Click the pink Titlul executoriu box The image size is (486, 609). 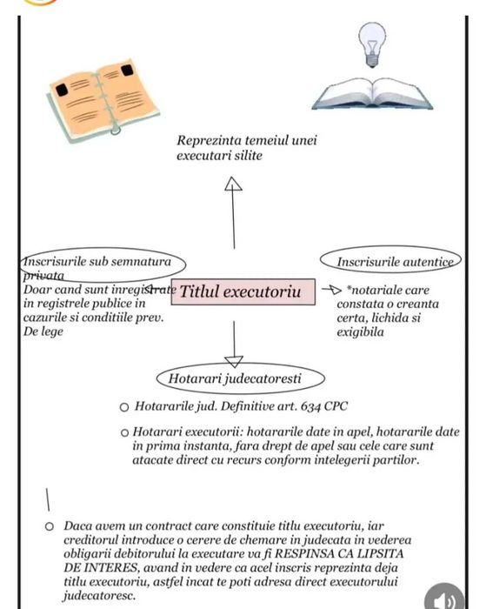[x=243, y=291]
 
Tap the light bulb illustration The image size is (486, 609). [x=372, y=44]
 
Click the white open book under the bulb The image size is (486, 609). [x=372, y=94]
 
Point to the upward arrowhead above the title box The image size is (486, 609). [x=233, y=184]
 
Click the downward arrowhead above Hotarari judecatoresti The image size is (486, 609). [x=234, y=362]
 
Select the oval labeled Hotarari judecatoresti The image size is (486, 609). [x=241, y=378]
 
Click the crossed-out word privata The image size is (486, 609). [x=43, y=276]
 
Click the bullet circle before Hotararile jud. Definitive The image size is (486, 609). [x=124, y=407]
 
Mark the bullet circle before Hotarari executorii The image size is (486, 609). [x=124, y=432]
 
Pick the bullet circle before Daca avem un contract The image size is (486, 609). [x=50, y=526]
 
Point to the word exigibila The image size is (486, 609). [x=360, y=332]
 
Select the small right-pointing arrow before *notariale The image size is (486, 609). [x=331, y=290]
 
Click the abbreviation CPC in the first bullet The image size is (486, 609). [x=336, y=406]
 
